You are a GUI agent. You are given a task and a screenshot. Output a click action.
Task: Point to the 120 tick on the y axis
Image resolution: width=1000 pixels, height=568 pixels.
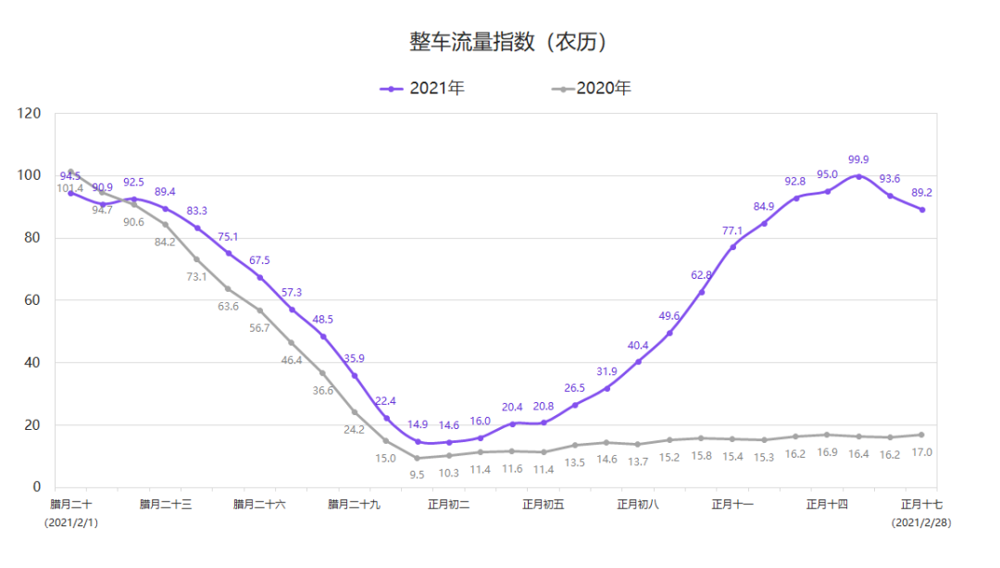click(x=31, y=114)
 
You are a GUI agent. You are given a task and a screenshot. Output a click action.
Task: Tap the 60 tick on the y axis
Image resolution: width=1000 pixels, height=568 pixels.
click(x=34, y=300)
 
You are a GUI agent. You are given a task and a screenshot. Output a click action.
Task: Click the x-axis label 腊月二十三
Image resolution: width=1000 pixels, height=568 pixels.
click(x=166, y=505)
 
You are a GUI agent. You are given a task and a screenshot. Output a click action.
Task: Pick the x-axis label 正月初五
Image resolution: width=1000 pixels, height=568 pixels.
click(x=544, y=505)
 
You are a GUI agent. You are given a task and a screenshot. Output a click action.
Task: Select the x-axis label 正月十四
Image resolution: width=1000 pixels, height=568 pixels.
click(x=827, y=505)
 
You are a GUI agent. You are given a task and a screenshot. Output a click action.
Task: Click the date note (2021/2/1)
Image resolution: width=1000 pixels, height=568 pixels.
click(x=71, y=524)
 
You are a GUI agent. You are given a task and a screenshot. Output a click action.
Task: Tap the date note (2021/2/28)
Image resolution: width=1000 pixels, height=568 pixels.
click(x=921, y=524)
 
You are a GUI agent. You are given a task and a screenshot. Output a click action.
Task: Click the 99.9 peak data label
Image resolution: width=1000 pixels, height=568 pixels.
click(x=858, y=160)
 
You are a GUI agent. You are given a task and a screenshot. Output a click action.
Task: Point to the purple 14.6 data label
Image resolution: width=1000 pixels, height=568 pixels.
click(x=449, y=425)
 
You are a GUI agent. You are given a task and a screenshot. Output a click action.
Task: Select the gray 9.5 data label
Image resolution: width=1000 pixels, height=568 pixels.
click(x=418, y=474)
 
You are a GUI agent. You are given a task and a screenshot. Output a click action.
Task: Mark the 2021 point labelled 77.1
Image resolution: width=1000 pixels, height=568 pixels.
click(x=732, y=246)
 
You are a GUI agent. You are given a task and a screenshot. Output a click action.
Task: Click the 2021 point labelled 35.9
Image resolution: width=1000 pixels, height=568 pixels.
click(x=354, y=375)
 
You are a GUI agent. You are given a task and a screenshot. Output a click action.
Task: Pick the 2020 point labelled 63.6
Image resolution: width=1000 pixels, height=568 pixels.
click(x=228, y=289)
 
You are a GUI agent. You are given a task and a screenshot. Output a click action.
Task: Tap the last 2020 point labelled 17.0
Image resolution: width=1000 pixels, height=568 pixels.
click(x=921, y=435)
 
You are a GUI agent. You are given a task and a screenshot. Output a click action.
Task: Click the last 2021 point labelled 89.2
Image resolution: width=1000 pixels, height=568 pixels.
click(x=921, y=209)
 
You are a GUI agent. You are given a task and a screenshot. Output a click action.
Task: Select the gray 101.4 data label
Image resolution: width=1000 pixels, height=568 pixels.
click(x=70, y=188)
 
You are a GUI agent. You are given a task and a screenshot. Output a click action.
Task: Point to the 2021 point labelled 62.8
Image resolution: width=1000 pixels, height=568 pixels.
click(x=701, y=292)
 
